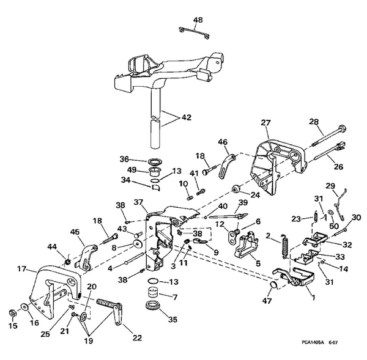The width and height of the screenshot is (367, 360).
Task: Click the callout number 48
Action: click(x=198, y=20)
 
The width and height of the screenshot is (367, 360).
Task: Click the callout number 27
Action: click(x=265, y=123)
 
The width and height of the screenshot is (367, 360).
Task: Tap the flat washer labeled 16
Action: click(x=24, y=307)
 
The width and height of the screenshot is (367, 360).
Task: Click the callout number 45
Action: click(x=75, y=232)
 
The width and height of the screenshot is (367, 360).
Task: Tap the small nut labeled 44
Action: click(x=66, y=262)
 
